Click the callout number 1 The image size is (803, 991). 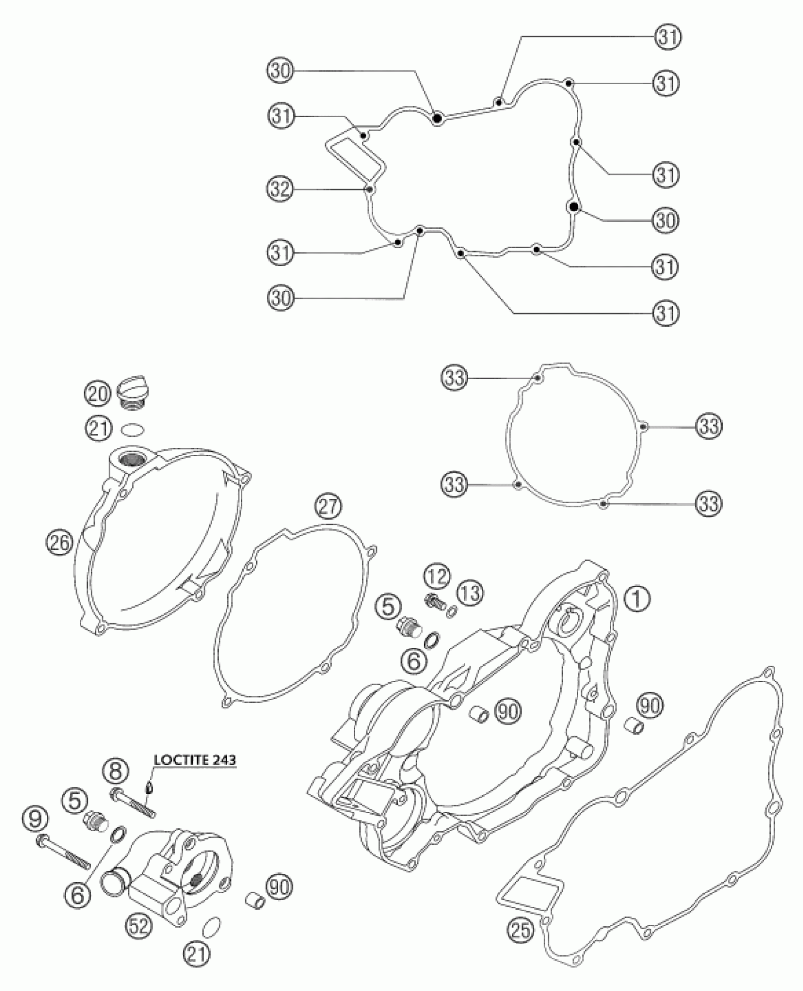point(636,599)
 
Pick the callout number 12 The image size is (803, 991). point(436,577)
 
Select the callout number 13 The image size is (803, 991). point(469,593)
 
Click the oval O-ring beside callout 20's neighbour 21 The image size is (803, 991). point(133,430)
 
